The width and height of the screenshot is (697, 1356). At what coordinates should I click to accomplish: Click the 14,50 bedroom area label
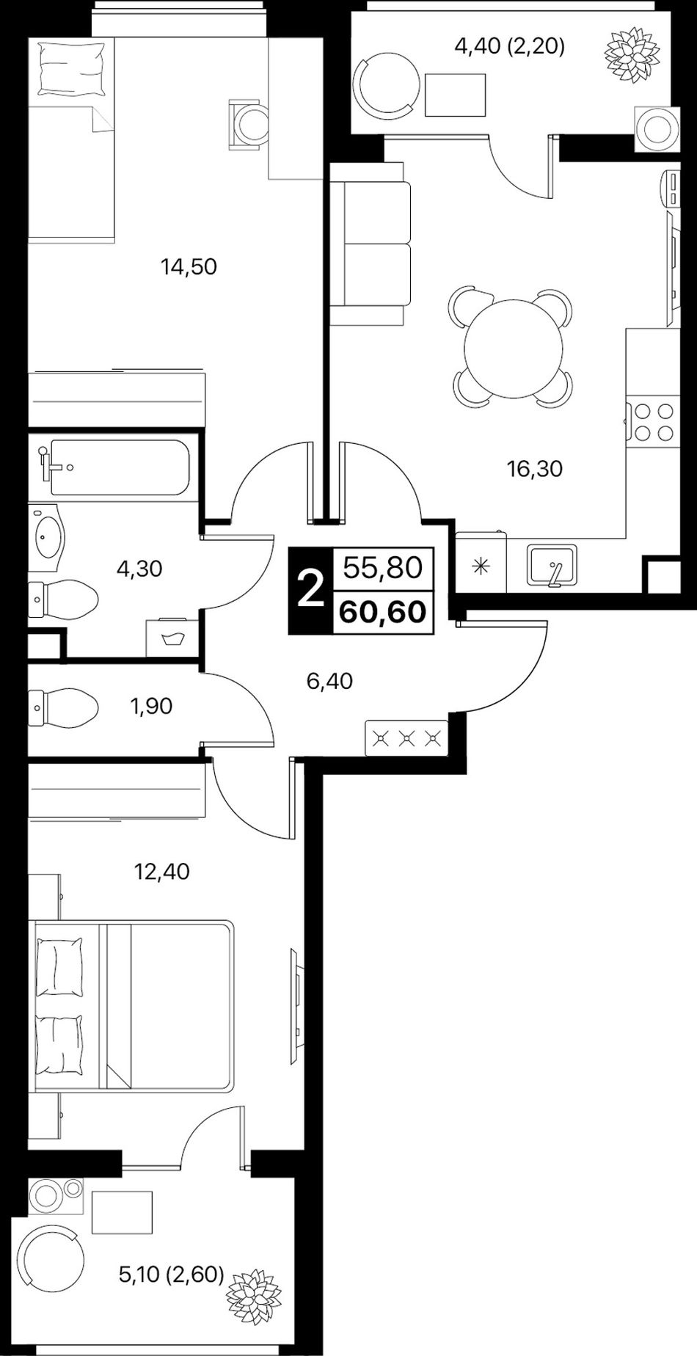point(189,266)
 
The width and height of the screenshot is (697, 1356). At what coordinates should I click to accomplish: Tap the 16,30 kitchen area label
point(535,468)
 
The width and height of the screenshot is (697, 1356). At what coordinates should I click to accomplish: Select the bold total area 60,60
point(382,610)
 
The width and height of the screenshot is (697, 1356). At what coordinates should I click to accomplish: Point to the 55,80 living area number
point(382,567)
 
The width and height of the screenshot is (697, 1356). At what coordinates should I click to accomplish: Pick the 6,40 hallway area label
point(329,682)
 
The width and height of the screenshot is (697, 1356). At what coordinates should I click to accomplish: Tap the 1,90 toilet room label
point(150,707)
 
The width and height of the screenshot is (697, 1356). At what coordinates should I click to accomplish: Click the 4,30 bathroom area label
point(139,568)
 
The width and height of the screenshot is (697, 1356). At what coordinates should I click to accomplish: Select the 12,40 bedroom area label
point(161,872)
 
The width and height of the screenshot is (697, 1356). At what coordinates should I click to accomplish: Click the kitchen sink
point(552,566)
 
